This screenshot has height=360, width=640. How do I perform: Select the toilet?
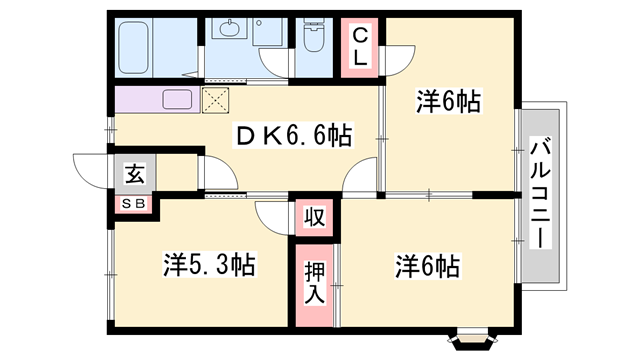click(x=313, y=39)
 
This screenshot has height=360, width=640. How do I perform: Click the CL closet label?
click(x=360, y=46)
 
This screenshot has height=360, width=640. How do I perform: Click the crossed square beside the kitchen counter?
click(x=215, y=99)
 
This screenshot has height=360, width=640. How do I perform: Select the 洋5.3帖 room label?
click(x=210, y=265)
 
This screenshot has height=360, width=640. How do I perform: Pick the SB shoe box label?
click(x=133, y=204)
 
